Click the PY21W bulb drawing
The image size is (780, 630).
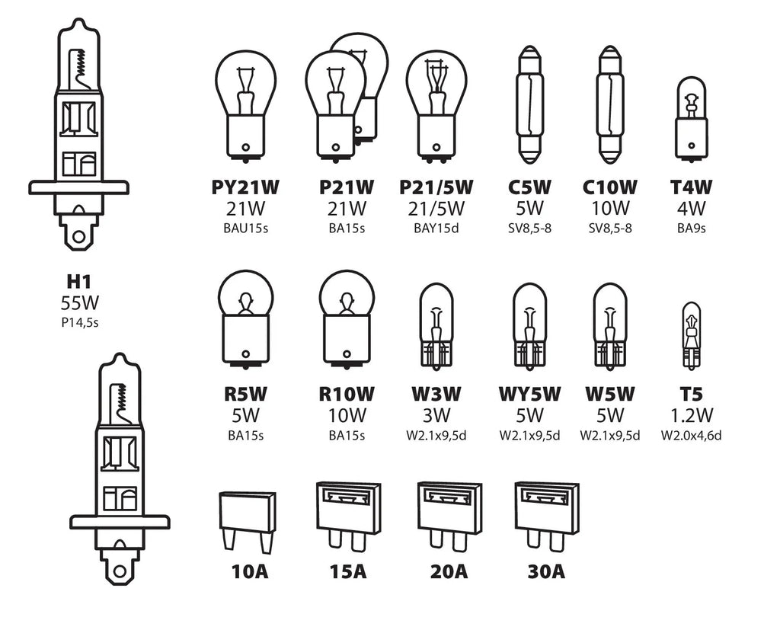click(245, 103)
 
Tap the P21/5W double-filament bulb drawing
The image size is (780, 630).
click(436, 103)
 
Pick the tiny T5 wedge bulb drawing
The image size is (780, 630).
click(690, 335)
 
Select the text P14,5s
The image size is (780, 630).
click(80, 322)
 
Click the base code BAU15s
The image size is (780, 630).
click(245, 228)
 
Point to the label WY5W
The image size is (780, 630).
click(529, 395)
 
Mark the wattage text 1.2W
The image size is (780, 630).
click(691, 416)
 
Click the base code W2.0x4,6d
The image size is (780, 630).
click(691, 436)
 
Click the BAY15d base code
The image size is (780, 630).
click(436, 228)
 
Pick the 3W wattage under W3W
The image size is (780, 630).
click(436, 416)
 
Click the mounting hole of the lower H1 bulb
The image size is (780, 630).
click(118, 569)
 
